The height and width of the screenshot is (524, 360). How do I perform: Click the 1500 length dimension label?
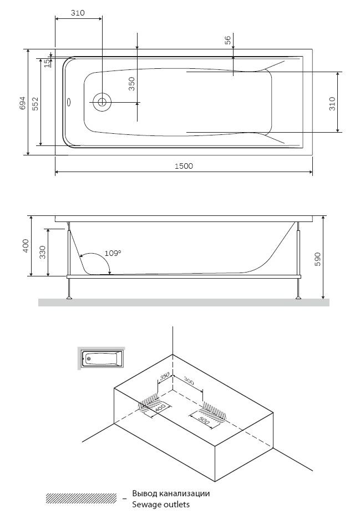point(184,166)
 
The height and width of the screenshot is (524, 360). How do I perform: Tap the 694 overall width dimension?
point(22,103)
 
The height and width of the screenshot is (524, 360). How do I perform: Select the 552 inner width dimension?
point(36,104)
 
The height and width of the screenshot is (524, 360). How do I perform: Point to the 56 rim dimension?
point(227,40)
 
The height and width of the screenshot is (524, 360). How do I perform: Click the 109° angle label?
point(113,253)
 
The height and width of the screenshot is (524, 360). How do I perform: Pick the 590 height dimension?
point(317,259)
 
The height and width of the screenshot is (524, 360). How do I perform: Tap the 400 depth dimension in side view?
point(26,246)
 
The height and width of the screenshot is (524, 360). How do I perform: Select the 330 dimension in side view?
point(42,253)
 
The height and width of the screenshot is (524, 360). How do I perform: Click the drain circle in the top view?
point(102,102)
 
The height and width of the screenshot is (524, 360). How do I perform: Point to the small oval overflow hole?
point(69,102)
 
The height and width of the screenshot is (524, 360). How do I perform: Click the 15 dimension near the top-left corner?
point(47,63)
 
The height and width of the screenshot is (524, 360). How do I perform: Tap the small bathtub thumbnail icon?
point(101,358)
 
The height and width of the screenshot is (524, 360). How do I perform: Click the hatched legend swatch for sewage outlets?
point(81,498)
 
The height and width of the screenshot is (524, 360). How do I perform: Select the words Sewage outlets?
point(161,505)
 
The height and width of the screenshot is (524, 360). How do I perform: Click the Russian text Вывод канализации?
point(171,493)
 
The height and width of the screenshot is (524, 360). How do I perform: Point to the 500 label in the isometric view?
point(204,420)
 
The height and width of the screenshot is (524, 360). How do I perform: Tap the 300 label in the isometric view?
point(189,381)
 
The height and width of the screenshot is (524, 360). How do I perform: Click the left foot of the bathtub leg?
point(69,297)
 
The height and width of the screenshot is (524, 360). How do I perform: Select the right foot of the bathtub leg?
point(298,297)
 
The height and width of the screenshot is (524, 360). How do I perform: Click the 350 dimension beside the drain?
point(132,84)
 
